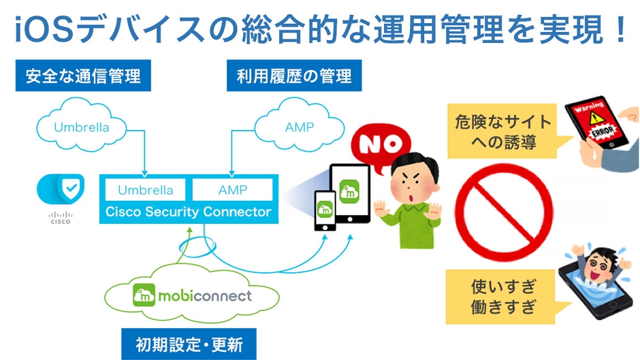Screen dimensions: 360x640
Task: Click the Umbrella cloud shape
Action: click(82, 127)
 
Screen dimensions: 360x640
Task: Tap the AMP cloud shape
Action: click(300, 127)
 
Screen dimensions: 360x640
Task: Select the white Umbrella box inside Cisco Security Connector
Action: click(146, 190)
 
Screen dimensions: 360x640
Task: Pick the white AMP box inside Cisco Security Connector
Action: click(232, 190)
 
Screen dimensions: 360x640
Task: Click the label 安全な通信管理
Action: click(83, 76)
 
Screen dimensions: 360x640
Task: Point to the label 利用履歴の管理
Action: click(294, 76)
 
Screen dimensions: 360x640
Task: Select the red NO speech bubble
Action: click(375, 144)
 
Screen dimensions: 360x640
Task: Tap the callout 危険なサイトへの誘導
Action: click(502, 131)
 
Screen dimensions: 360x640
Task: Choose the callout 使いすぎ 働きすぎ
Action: click(502, 297)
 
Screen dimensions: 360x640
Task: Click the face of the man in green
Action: click(413, 180)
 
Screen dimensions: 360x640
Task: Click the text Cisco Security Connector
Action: click(188, 212)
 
